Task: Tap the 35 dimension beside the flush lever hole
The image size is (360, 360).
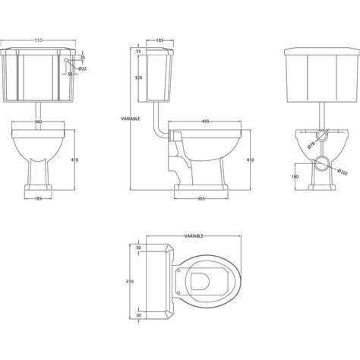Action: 83,57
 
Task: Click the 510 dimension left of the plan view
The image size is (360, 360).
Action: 130,282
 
